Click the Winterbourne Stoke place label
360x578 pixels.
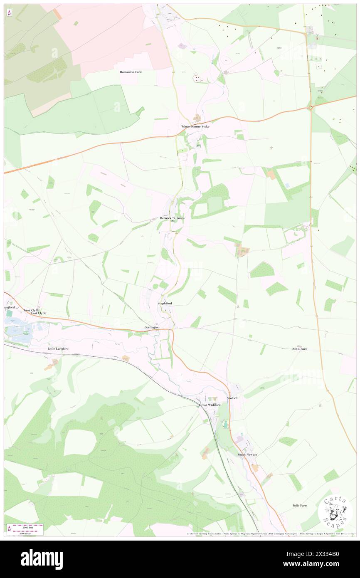[195, 126]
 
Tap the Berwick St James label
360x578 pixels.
[173, 218]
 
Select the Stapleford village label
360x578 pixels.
[165, 304]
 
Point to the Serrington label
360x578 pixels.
[152, 328]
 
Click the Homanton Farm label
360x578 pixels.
[131, 72]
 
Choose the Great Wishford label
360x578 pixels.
[210, 405]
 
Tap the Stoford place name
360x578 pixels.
[232, 398]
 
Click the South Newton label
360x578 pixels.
[247, 454]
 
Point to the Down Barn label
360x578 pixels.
[299, 348]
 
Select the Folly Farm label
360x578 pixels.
[300, 505]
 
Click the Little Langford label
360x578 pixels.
[58, 348]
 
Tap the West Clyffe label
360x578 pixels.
[31, 310]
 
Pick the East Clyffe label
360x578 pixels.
[39, 313]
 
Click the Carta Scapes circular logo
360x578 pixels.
[335, 511]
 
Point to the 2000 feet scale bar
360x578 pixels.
[28, 526]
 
